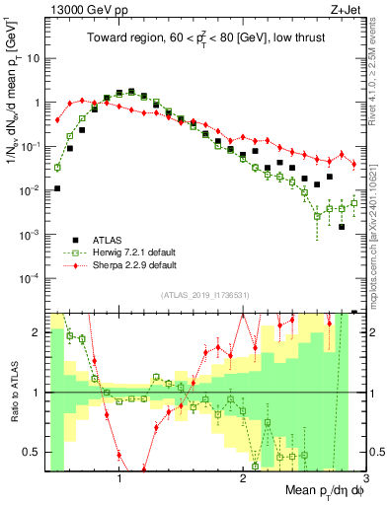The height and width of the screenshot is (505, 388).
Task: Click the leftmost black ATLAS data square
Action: click(x=57, y=188)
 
